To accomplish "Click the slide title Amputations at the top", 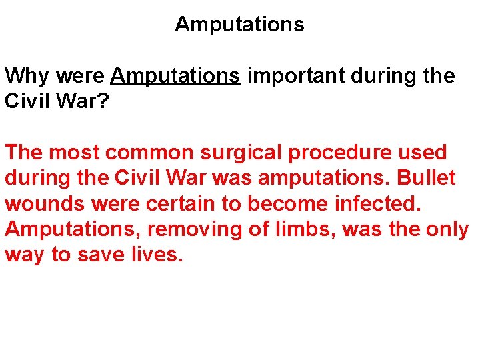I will pos(239,25).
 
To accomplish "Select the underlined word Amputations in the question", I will pos(175,76).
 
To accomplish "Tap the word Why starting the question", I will pos(27,76).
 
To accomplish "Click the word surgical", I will pos(243,153).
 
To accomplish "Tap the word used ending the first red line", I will pos(425,153).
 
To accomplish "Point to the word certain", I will pos(163,204).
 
